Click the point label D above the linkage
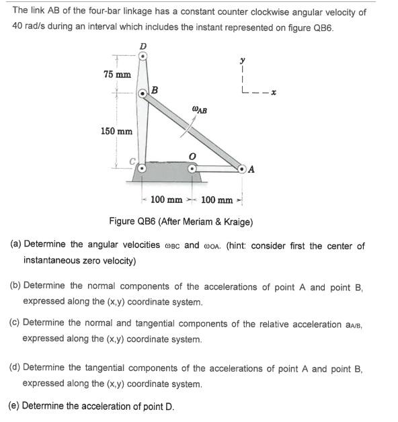(x=142, y=46)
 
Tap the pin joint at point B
(x=143, y=94)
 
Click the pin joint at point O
(x=192, y=169)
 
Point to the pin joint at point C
(x=142, y=169)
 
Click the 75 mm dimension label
(x=116, y=74)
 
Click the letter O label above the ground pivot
(x=192, y=155)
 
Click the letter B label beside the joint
(x=155, y=90)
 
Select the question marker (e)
(x=13, y=405)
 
